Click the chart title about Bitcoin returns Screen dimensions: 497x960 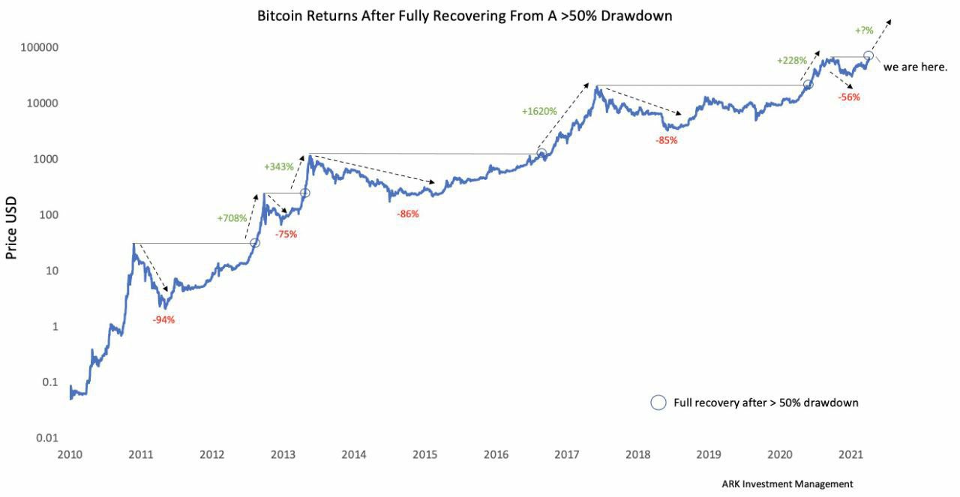pyautogui.click(x=464, y=15)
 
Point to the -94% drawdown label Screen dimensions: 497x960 pyautogui.click(x=163, y=320)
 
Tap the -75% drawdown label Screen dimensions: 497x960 pyautogui.click(x=286, y=234)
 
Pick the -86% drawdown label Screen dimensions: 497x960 pyautogui.click(x=408, y=214)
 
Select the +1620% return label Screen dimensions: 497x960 pyautogui.click(x=539, y=111)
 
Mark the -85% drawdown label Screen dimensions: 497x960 pyautogui.click(x=666, y=140)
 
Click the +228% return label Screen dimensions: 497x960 pyautogui.click(x=792, y=60)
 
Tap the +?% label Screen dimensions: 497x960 pyautogui.click(x=863, y=31)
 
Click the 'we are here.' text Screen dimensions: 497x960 pyautogui.click(x=916, y=67)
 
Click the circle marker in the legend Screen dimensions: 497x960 pyautogui.click(x=658, y=403)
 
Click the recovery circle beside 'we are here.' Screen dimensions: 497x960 pyautogui.click(x=868, y=56)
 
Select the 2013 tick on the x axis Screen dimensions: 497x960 pyautogui.click(x=283, y=454)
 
